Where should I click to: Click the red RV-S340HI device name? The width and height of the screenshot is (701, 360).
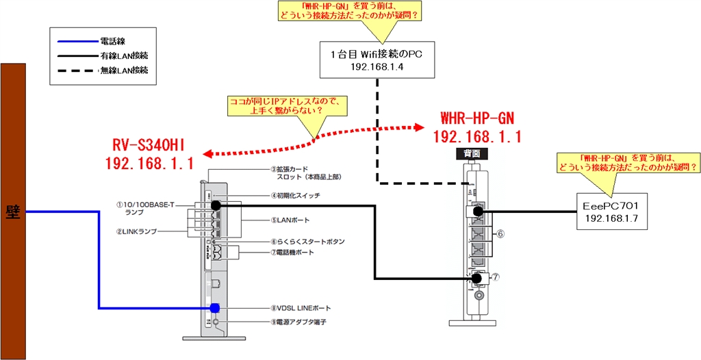click(x=149, y=144)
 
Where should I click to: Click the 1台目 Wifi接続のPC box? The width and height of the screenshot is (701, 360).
click(x=377, y=60)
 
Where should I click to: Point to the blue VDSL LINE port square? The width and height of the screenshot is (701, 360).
click(x=215, y=308)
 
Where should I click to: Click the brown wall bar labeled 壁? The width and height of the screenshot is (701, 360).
click(x=14, y=211)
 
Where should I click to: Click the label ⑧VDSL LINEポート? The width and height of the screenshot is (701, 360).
click(x=298, y=308)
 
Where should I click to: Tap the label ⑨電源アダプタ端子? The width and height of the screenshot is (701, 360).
click(x=296, y=321)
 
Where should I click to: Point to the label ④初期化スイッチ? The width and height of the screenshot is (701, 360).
click(x=295, y=196)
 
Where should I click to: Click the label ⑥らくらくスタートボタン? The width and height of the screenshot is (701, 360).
click(x=307, y=242)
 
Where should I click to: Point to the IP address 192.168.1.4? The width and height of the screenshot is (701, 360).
click(x=376, y=67)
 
